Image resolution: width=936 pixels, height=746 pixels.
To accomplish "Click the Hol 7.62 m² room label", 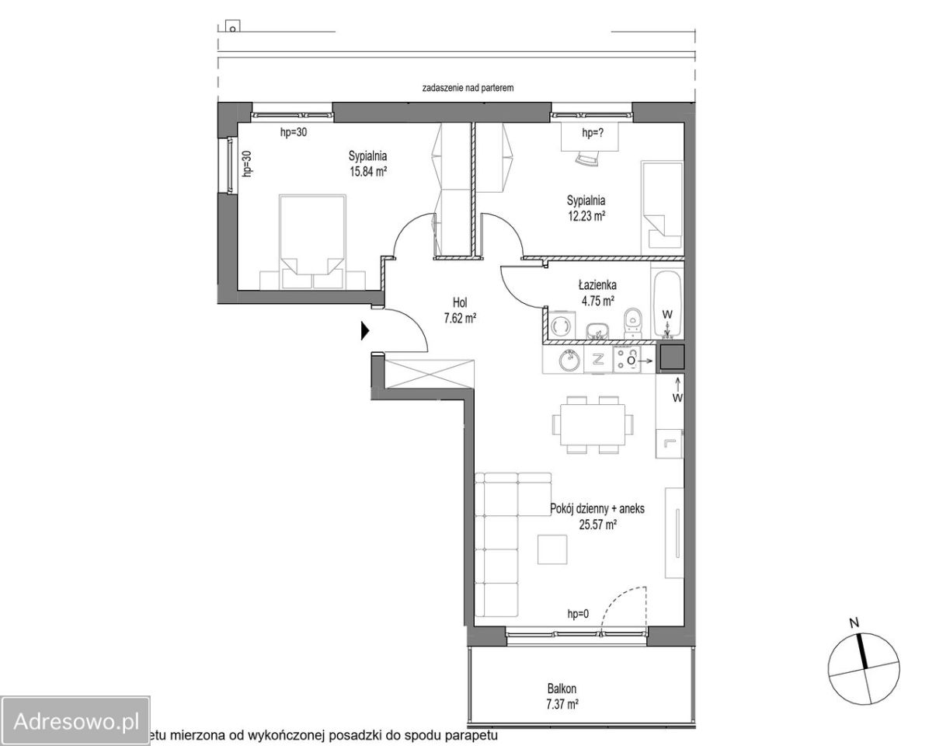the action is pyautogui.click(x=460, y=310).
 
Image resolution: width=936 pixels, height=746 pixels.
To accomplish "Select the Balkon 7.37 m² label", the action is pyautogui.click(x=562, y=696).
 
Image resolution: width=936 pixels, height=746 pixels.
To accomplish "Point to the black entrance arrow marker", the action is pyautogui.click(x=365, y=330).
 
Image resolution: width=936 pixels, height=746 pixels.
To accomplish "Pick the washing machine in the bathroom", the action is pyautogui.click(x=562, y=325).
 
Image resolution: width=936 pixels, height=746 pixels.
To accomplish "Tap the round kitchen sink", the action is pyautogui.click(x=569, y=361).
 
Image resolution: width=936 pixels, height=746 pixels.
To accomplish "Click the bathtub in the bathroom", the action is pyautogui.click(x=667, y=300).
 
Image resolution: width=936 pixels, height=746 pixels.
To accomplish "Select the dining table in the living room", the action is pyautogui.click(x=593, y=424).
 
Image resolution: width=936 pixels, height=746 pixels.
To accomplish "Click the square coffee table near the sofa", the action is pyautogui.click(x=552, y=549).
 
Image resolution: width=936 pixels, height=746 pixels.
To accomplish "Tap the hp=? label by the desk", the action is pyautogui.click(x=593, y=133).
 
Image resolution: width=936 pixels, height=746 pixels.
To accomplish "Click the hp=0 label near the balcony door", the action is pyautogui.click(x=578, y=614).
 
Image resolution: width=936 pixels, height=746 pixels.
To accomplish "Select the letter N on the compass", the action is pyautogui.click(x=854, y=623).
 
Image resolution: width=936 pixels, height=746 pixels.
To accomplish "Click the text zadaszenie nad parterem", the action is pyautogui.click(x=468, y=88).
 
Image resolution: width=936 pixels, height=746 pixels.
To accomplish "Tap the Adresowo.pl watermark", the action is pyautogui.click(x=76, y=722).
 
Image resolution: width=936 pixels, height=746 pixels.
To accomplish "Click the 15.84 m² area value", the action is pyautogui.click(x=368, y=171).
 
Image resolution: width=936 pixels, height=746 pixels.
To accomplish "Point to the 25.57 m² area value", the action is pyautogui.click(x=597, y=525).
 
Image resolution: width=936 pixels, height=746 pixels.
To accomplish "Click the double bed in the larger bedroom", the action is pyautogui.click(x=313, y=242).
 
